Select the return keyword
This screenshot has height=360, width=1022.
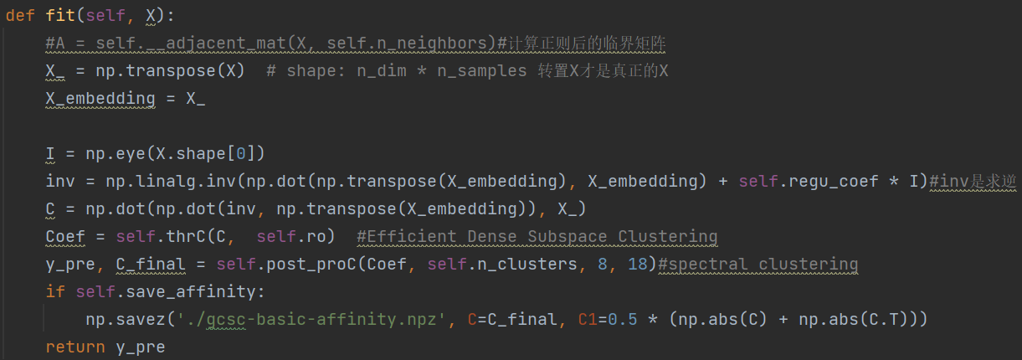pos(74,347)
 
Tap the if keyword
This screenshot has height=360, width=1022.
pos(55,291)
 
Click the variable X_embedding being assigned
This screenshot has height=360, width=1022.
pos(100,99)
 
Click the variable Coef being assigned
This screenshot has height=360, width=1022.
pos(65,237)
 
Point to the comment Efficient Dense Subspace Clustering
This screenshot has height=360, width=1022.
pos(537,237)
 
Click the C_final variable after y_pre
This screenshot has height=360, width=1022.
pos(151,265)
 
